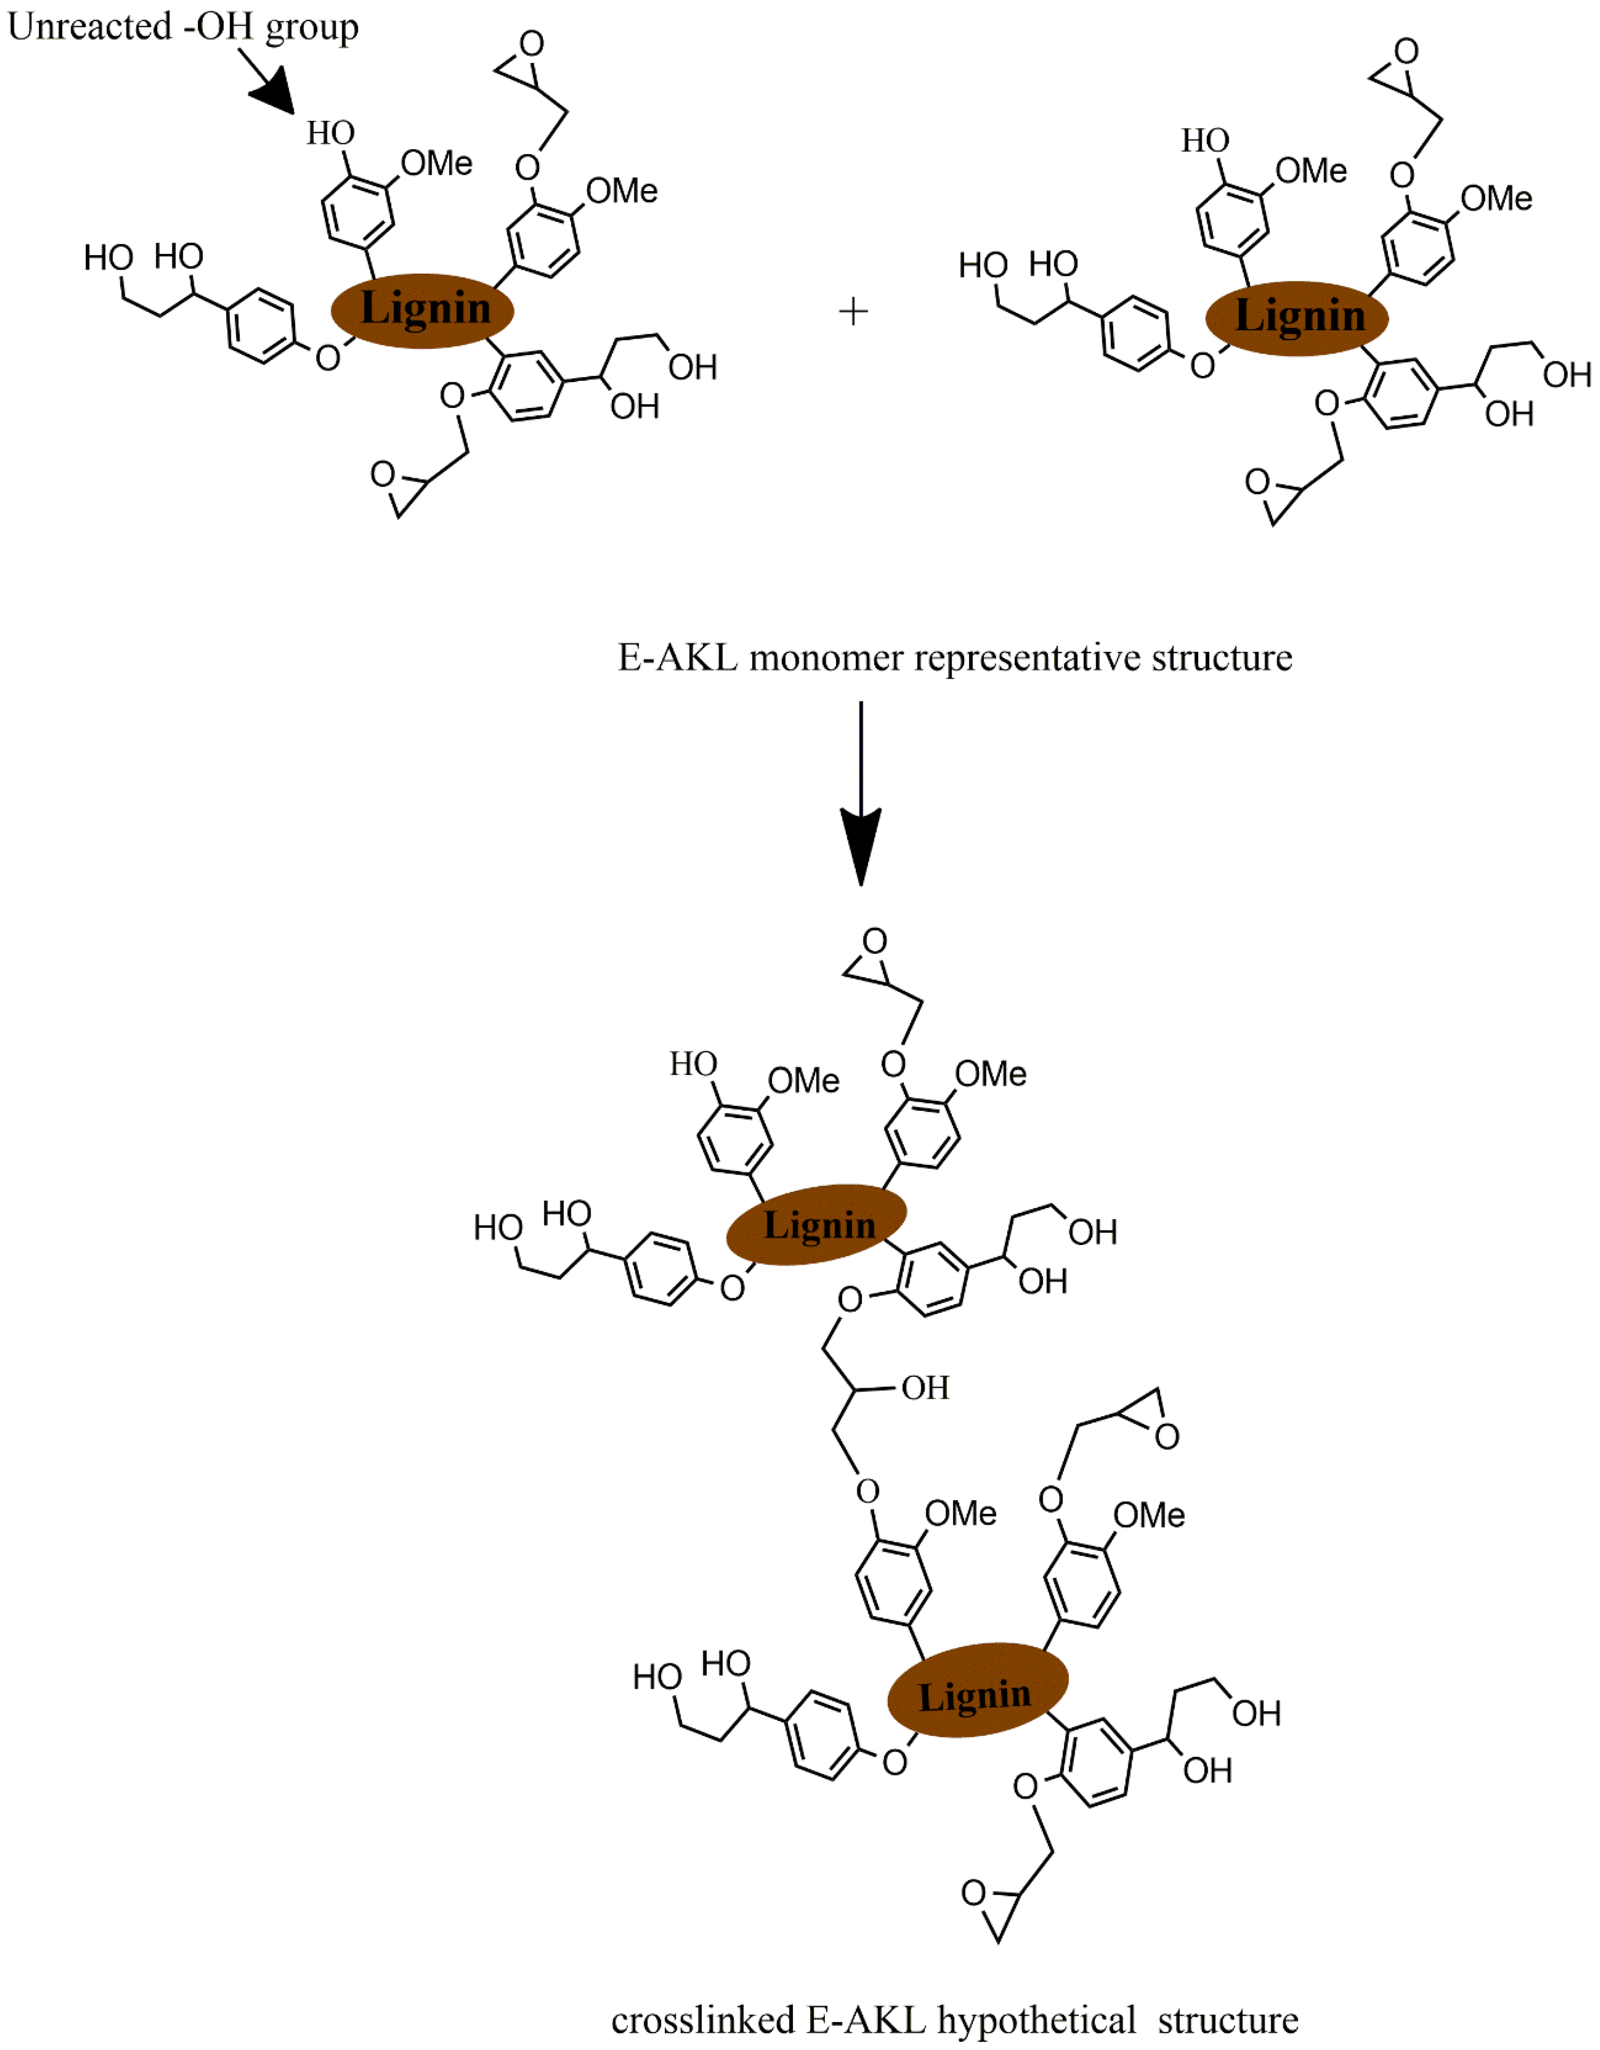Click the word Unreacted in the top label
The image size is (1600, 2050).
click(x=89, y=26)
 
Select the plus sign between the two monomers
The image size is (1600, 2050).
click(x=853, y=312)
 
